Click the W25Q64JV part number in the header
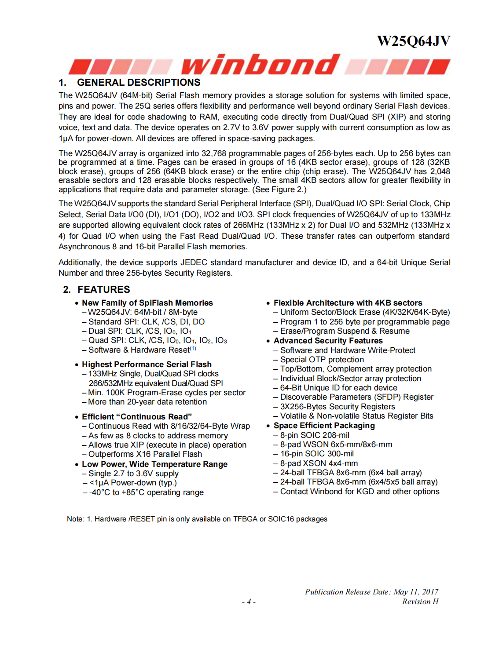[x=414, y=41]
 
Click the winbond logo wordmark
[x=260, y=65]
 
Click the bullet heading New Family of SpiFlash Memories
[x=147, y=303]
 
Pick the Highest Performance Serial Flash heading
[x=147, y=364]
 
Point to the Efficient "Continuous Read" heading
[x=136, y=417]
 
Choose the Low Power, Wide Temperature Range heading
[x=154, y=464]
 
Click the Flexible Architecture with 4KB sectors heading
[x=348, y=303]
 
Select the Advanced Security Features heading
[x=328, y=341]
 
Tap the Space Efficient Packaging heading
[x=324, y=426]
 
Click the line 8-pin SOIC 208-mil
[x=315, y=435]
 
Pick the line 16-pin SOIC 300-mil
[x=317, y=454]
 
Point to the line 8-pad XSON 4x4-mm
[x=319, y=463]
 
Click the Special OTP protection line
[x=322, y=360]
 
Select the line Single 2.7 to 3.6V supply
[x=133, y=474]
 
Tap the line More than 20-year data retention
[x=147, y=402]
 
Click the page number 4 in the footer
[x=249, y=601]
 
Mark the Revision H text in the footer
[x=420, y=601]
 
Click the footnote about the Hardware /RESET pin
[x=197, y=519]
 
